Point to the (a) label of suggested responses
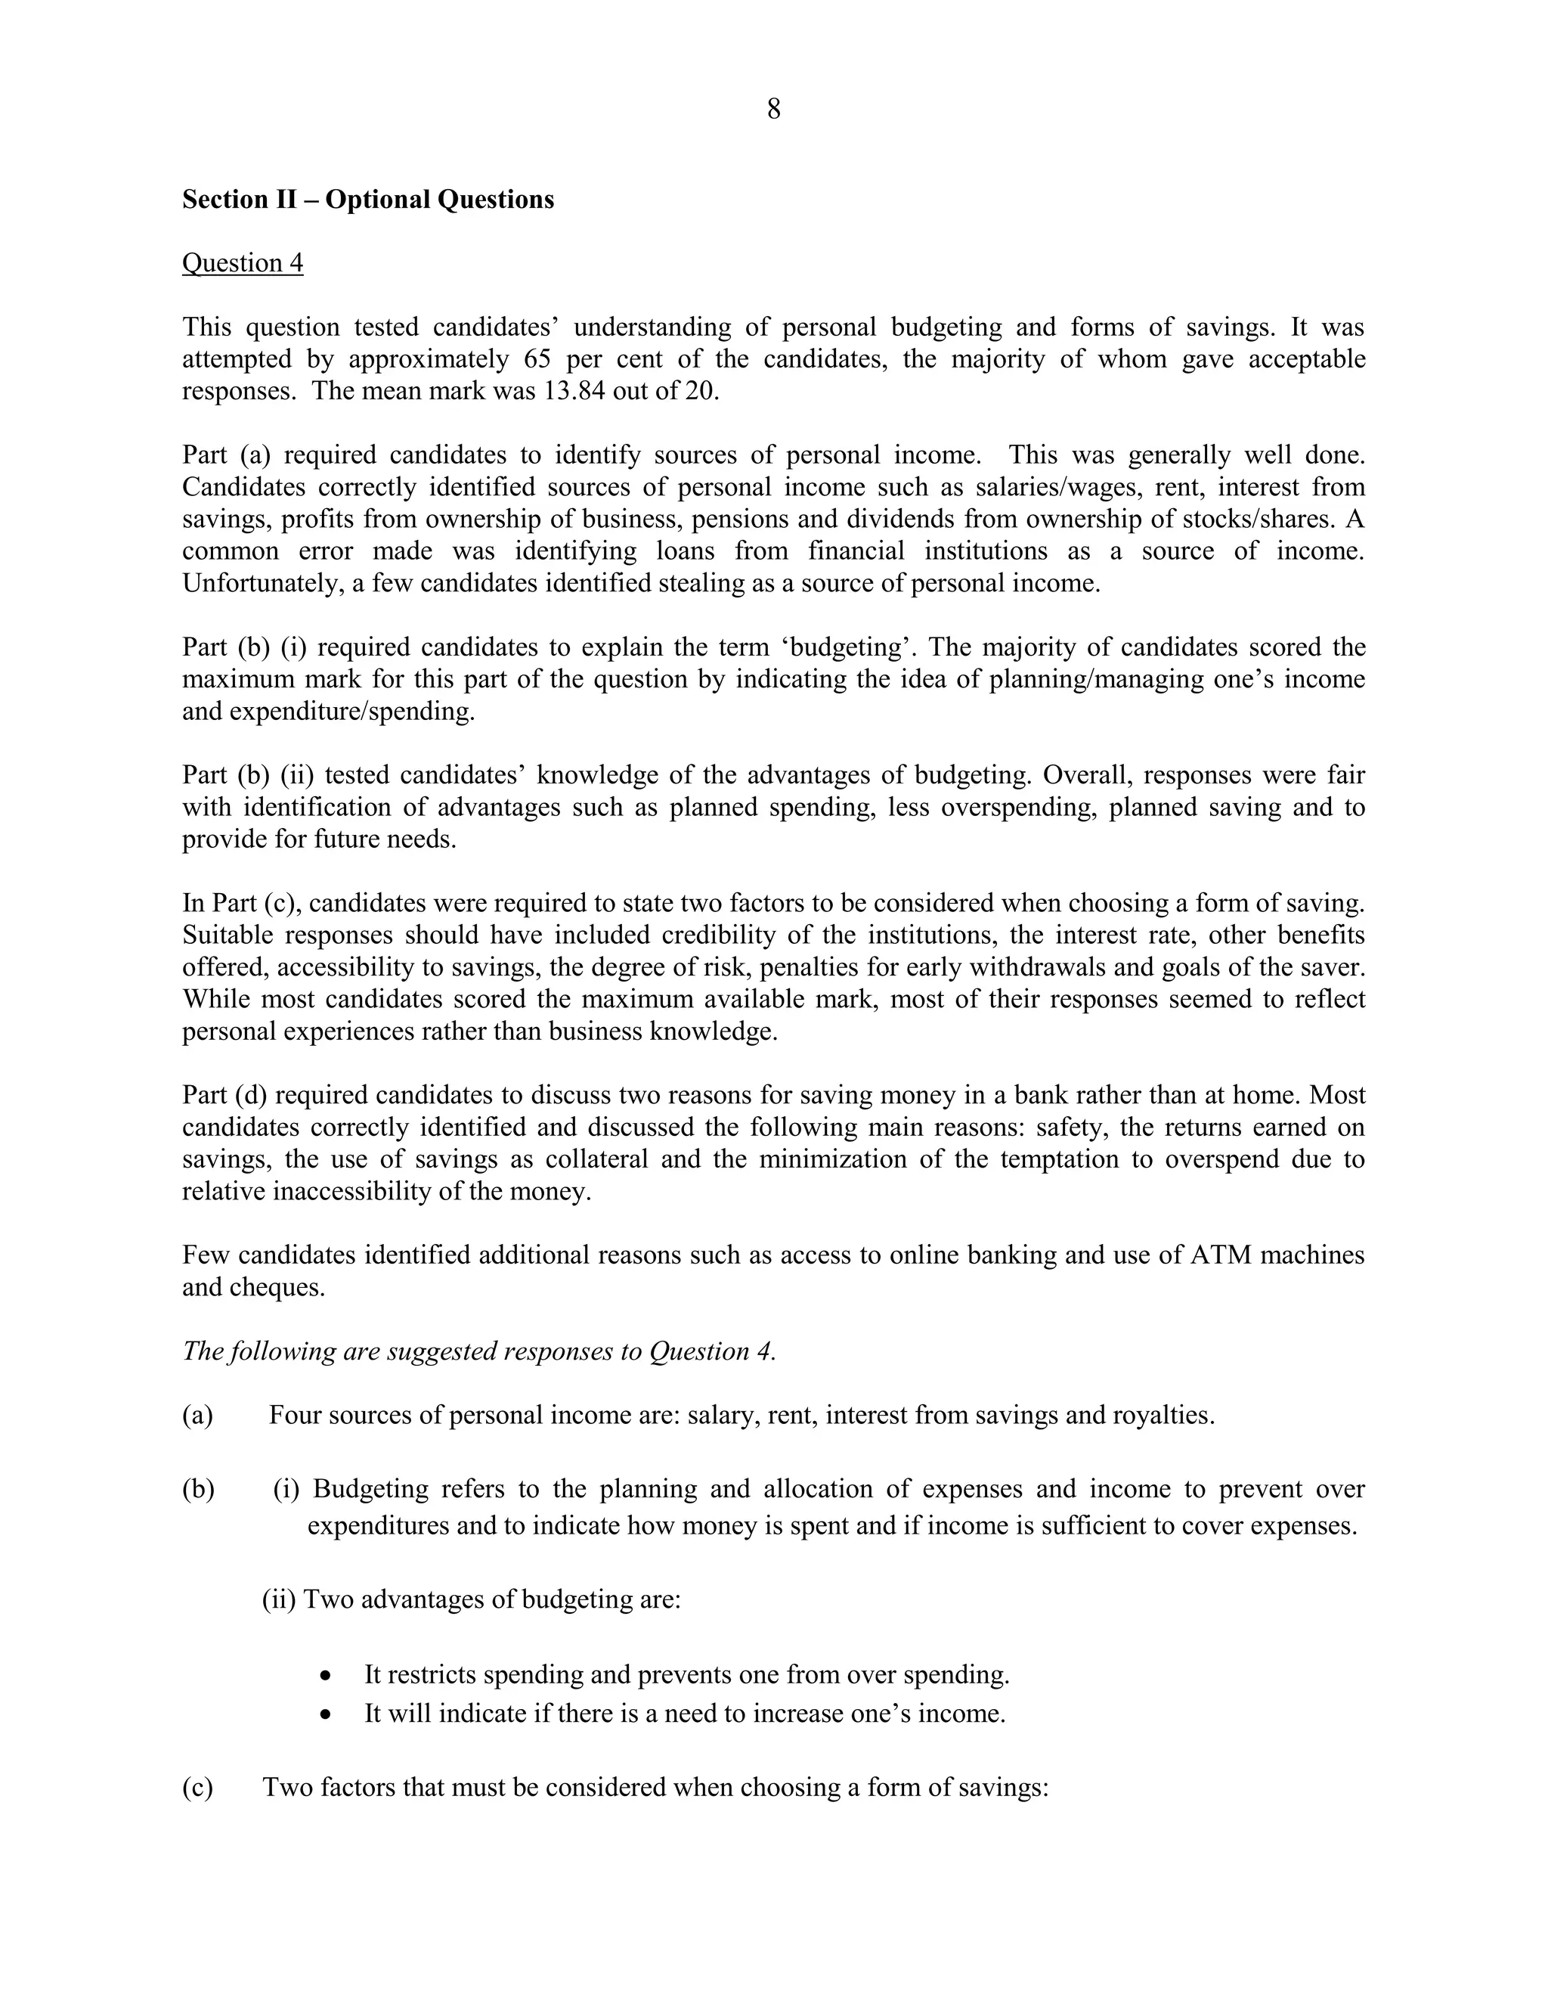point(197,1415)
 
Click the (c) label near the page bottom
point(197,1788)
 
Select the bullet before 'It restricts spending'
point(327,1676)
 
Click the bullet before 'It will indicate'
point(327,1714)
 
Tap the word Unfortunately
point(262,584)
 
